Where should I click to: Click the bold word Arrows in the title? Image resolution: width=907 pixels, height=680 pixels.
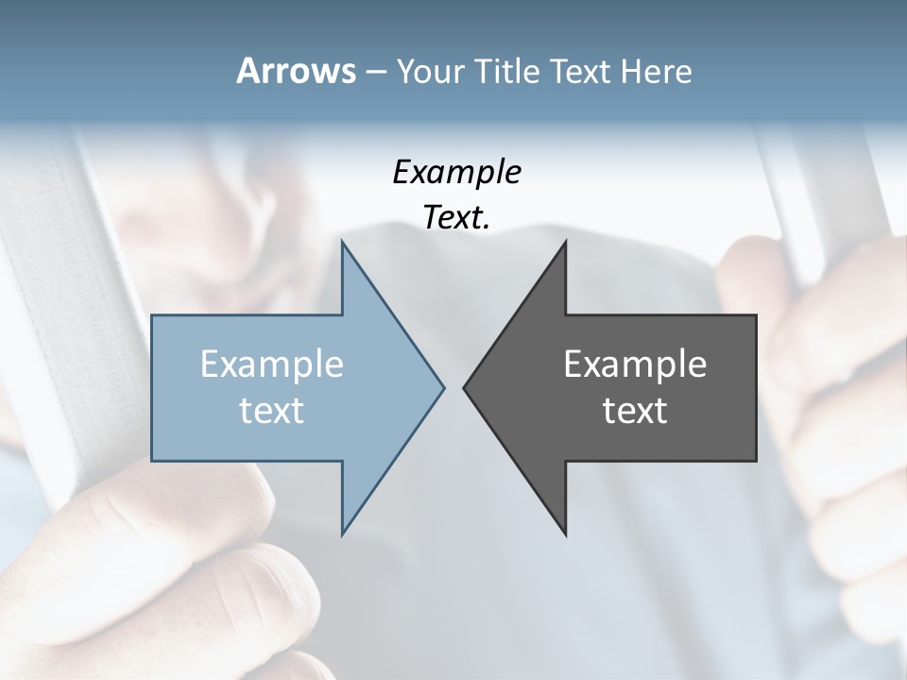[x=296, y=71]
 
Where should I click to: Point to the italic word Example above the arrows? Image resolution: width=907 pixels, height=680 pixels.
[x=456, y=173]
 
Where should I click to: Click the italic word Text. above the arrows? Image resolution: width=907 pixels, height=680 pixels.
[x=456, y=217]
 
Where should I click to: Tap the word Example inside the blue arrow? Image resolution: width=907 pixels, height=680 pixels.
[x=272, y=364]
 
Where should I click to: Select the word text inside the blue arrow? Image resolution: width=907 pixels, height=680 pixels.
[x=272, y=410]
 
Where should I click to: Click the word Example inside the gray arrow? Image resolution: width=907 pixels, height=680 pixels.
[x=635, y=364]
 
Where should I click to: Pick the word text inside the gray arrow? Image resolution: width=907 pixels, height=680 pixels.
[x=635, y=410]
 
